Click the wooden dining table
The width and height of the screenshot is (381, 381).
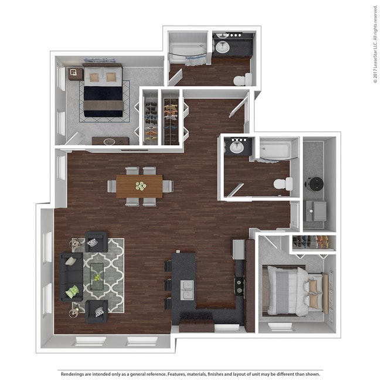[140, 186]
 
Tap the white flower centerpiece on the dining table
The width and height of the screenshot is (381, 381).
[141, 186]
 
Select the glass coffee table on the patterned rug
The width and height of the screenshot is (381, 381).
[97, 277]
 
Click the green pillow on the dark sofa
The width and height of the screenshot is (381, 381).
[73, 291]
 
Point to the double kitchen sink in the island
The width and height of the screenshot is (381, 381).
[187, 290]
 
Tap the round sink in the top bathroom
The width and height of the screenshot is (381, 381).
[222, 47]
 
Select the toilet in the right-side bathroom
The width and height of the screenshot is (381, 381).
[283, 184]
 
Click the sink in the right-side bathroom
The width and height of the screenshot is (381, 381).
[236, 147]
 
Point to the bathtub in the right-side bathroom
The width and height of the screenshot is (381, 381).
[275, 149]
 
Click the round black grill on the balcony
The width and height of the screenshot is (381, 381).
[315, 184]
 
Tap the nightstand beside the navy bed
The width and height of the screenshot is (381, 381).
[76, 74]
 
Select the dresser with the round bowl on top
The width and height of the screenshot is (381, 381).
[111, 141]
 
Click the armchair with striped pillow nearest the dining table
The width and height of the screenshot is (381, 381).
[96, 241]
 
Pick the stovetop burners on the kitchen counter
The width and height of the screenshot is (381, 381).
[239, 286]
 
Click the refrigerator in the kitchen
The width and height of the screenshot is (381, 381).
[239, 249]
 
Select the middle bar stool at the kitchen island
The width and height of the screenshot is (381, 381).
[168, 285]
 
